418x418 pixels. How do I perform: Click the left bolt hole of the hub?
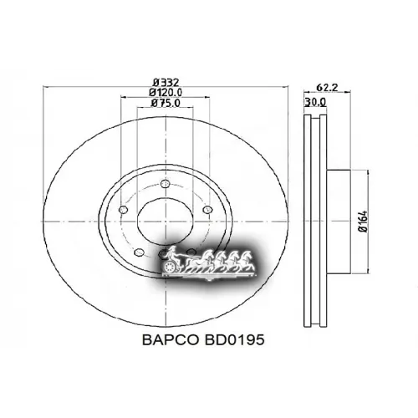123,209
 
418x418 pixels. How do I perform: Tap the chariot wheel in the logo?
174,267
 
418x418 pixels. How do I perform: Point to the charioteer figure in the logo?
171,253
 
